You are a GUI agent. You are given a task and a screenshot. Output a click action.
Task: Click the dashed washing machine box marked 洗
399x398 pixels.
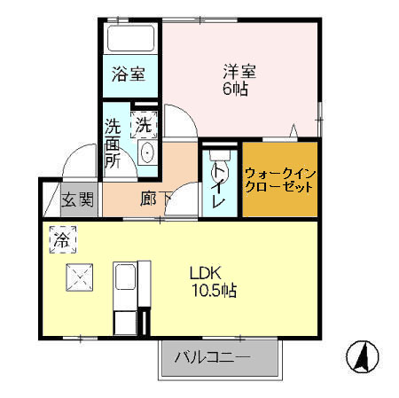[144, 124]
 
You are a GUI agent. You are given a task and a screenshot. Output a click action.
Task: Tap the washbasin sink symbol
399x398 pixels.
[147, 152]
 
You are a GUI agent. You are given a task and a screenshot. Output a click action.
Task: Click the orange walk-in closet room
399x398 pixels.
[279, 181]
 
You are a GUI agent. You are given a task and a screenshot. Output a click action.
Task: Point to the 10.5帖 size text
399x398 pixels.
[213, 289]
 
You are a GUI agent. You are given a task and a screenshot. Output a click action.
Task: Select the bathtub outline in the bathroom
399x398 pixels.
[129, 40]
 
